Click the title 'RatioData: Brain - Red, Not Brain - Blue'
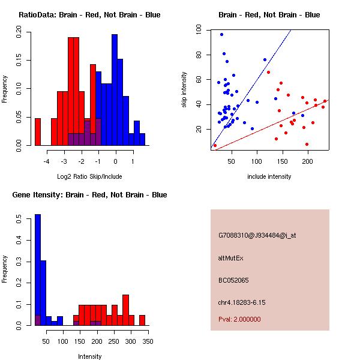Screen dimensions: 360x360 (89, 14)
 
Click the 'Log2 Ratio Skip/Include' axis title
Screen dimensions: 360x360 (89, 176)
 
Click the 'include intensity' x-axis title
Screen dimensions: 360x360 (269, 176)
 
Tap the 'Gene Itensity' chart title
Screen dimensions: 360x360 (89, 194)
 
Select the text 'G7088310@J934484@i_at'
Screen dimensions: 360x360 (257, 235)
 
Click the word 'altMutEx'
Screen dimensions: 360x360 (230, 258)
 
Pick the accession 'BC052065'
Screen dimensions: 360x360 (233, 280)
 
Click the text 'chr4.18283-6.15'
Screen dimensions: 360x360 (241, 302)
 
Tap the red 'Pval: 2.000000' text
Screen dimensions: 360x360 (239, 319)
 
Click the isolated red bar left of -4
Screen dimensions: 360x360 (38, 132)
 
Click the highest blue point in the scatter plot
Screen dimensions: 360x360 (221, 34)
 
